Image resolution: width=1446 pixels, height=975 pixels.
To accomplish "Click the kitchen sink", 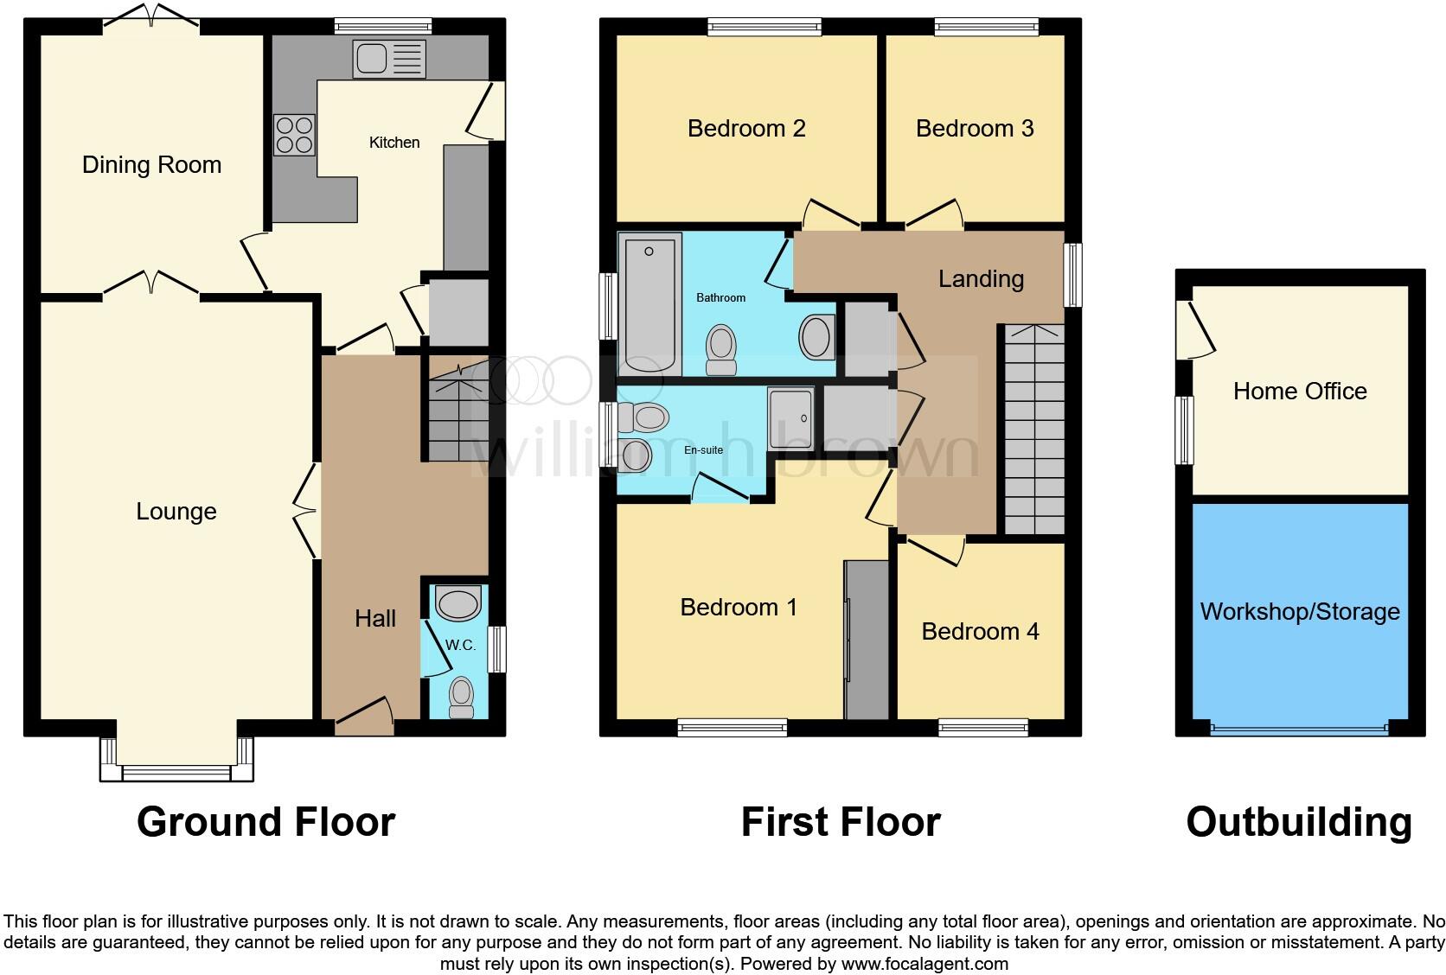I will pos(389,60).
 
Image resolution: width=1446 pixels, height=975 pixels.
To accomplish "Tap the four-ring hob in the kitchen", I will pos(294,135).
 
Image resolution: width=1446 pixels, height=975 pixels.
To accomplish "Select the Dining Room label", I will pos(151,164).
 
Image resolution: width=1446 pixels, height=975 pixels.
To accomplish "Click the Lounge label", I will pos(176,511).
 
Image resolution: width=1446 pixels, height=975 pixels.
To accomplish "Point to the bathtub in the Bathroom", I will pos(649,304).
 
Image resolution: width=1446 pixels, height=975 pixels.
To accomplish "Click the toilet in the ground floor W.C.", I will pos(462,697).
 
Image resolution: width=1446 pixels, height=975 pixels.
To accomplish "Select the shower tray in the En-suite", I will pos(790,418).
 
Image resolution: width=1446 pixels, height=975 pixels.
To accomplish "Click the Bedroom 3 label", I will pos(975,128).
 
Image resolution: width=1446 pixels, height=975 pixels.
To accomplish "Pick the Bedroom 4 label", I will pos(980,631).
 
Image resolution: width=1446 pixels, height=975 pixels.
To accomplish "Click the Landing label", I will pos(981,278).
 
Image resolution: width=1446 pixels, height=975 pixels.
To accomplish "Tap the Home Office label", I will pos(1299,391).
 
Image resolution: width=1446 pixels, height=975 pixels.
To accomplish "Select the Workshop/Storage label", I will pos(1299,611).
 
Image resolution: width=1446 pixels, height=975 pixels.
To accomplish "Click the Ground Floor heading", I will pos(266,821).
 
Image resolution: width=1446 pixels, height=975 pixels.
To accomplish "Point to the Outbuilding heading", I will pos(1298,821).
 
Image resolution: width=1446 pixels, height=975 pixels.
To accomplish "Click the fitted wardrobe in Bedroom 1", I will pos(866,640).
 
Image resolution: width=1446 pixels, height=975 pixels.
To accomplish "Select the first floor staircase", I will pos(1033,430).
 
